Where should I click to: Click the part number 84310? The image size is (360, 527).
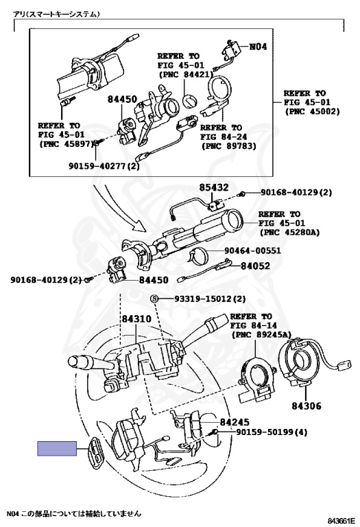click(136, 318)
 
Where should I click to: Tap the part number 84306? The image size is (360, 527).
click(307, 406)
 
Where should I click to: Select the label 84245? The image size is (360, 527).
click(235, 422)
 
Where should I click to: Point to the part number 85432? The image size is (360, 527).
click(214, 187)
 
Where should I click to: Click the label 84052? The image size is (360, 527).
click(255, 266)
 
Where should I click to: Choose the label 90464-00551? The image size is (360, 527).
click(252, 250)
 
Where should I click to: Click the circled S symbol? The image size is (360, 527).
click(154, 298)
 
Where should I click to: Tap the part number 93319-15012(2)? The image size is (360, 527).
click(210, 298)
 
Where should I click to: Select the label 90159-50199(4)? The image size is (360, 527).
click(272, 432)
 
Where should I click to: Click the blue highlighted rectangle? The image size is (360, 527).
click(57, 448)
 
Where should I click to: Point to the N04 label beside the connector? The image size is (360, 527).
click(258, 47)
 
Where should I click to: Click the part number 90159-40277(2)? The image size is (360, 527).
click(104, 165)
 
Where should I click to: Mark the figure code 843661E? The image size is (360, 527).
click(341, 521)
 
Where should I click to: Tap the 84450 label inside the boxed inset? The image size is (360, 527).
click(122, 99)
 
